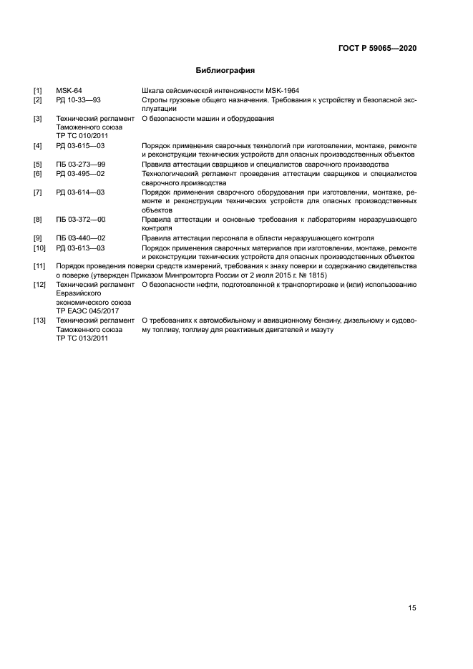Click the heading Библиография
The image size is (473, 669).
point(225,71)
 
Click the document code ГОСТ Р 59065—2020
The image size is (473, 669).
point(377,48)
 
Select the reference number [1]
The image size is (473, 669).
point(38,91)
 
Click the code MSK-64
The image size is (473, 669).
point(69,91)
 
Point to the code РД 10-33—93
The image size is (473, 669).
point(78,100)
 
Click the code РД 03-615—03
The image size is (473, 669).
point(80,146)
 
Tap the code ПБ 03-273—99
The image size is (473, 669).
point(80,164)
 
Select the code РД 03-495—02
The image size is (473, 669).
point(80,173)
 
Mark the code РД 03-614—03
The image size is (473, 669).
point(80,192)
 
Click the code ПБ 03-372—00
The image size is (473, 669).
point(80,219)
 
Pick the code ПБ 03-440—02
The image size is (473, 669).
point(80,238)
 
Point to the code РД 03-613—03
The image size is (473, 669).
point(80,248)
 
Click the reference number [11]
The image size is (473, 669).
point(40,266)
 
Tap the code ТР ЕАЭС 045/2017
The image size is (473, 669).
point(87,311)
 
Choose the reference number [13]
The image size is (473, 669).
point(40,321)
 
